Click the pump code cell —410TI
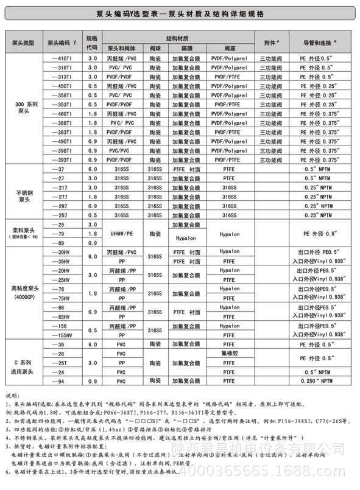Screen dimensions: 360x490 [63, 58]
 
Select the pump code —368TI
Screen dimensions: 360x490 [63, 123]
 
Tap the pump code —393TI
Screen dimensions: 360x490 [63, 159]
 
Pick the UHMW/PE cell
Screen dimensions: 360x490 [121, 234]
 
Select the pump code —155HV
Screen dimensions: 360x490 [63, 335]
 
